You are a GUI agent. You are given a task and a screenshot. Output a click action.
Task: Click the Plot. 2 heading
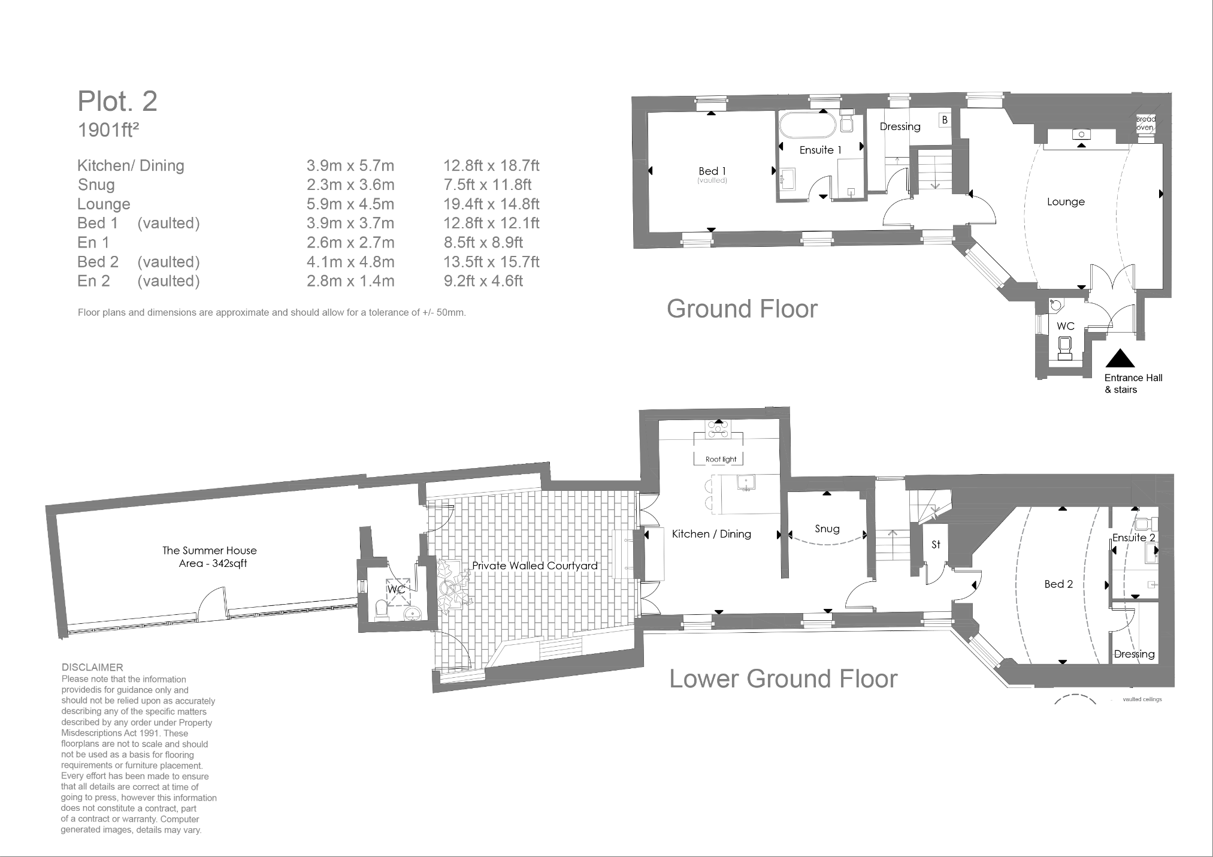pos(117,102)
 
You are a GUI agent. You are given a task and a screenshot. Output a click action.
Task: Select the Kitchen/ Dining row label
pos(131,166)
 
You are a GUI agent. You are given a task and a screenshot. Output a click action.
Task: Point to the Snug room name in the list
pos(96,185)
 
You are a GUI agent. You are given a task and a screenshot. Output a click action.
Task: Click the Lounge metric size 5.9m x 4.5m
pos(350,204)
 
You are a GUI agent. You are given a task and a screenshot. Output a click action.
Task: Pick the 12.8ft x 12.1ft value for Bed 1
pos(491,224)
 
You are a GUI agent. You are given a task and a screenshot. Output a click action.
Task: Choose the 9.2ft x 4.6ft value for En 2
pos(483,281)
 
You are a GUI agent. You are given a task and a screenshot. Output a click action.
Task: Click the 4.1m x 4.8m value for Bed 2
pos(350,262)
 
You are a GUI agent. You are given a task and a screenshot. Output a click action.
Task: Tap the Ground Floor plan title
pos(742,309)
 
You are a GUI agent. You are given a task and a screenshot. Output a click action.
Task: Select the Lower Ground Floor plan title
pos(784,679)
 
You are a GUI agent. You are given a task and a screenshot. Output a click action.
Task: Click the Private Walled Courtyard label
pos(534,566)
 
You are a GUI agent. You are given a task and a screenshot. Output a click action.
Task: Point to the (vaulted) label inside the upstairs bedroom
pos(712,180)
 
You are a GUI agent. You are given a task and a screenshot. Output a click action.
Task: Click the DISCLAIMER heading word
pos(92,667)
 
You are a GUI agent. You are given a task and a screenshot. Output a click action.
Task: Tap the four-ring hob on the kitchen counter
pos(718,429)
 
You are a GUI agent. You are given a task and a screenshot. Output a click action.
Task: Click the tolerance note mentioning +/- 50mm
pos(271,313)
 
